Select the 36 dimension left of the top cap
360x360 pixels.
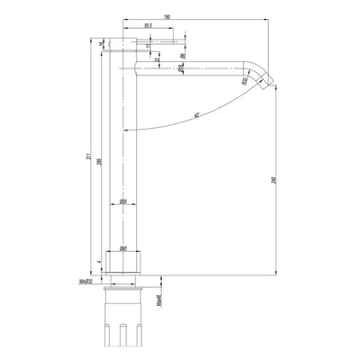pos(102,41)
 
